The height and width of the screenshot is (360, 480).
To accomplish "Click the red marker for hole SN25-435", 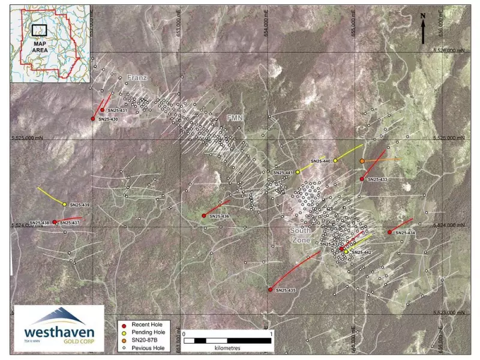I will (x=271, y=289).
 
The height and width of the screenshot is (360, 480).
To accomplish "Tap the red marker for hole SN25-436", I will (x=204, y=215).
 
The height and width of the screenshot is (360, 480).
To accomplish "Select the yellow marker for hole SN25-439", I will (x=64, y=205).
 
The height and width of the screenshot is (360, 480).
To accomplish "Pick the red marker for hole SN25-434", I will (x=390, y=232).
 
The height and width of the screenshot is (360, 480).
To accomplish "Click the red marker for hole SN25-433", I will (x=362, y=179).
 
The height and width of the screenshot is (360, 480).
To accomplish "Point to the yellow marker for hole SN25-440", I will (x=335, y=160).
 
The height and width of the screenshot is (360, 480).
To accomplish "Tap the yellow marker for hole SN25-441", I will (x=298, y=172).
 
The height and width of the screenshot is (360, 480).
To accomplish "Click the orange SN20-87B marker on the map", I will (x=362, y=161).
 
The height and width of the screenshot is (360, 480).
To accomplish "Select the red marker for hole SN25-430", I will (x=93, y=119).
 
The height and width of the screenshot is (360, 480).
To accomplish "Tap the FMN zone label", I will (x=235, y=119).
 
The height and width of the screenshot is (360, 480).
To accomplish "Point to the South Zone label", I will (x=301, y=235).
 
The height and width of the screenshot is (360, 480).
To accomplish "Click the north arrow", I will (x=423, y=28).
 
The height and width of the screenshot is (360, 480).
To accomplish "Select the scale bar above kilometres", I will (x=228, y=340).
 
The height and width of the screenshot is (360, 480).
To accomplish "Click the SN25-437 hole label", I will (x=70, y=223).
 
